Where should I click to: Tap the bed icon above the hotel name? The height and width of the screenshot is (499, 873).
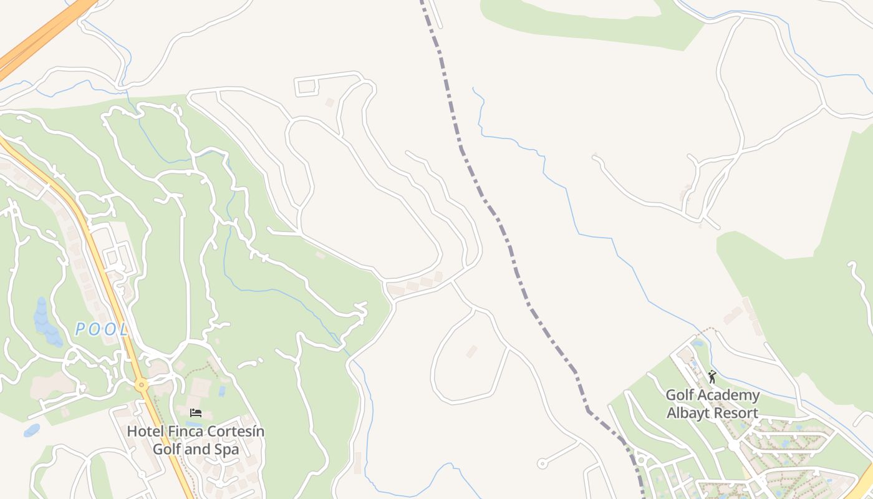coord(196,413)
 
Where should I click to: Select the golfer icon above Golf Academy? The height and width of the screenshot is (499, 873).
coord(712,377)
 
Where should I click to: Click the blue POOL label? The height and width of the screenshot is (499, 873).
coord(102,329)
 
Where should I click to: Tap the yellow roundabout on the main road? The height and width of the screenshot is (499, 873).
coord(142,385)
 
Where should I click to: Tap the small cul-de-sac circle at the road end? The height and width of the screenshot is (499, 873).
coord(542,463)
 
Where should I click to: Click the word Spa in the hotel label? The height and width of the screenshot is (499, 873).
coord(227,449)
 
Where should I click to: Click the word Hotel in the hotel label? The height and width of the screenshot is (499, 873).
coord(146,432)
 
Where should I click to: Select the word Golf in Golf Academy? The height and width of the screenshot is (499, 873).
coord(680,395)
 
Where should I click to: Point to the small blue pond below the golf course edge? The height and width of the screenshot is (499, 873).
coord(31,430)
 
